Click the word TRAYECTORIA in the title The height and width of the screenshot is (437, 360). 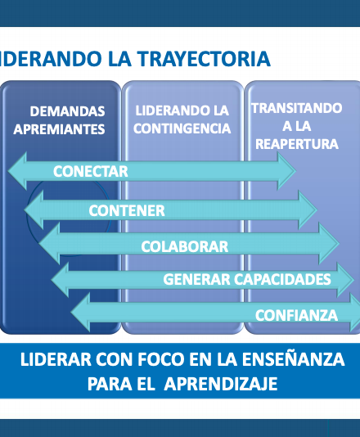[204, 59]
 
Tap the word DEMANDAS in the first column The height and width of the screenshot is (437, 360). [67, 111]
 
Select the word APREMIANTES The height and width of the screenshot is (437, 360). [59, 129]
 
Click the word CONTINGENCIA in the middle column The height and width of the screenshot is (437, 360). [182, 128]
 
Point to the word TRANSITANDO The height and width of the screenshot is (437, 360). [297, 108]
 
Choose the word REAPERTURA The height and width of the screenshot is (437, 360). [297, 144]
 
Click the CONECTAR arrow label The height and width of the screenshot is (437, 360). [91, 171]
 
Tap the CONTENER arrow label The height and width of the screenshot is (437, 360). [127, 210]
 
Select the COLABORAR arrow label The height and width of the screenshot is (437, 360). [184, 246]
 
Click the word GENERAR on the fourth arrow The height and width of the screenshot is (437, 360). [196, 279]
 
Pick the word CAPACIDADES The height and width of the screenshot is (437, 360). [282, 279]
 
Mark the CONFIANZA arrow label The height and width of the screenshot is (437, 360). [296, 315]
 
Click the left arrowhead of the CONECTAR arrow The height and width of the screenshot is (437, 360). [17, 171]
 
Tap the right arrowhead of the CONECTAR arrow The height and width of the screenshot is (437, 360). [286, 171]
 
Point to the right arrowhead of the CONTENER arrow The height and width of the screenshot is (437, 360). [308, 209]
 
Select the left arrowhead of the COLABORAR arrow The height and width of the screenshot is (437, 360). [50, 244]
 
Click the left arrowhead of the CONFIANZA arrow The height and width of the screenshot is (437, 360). [80, 313]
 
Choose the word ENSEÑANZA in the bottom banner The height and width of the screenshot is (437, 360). [293, 358]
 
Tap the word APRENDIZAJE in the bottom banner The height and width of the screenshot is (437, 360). [220, 384]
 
